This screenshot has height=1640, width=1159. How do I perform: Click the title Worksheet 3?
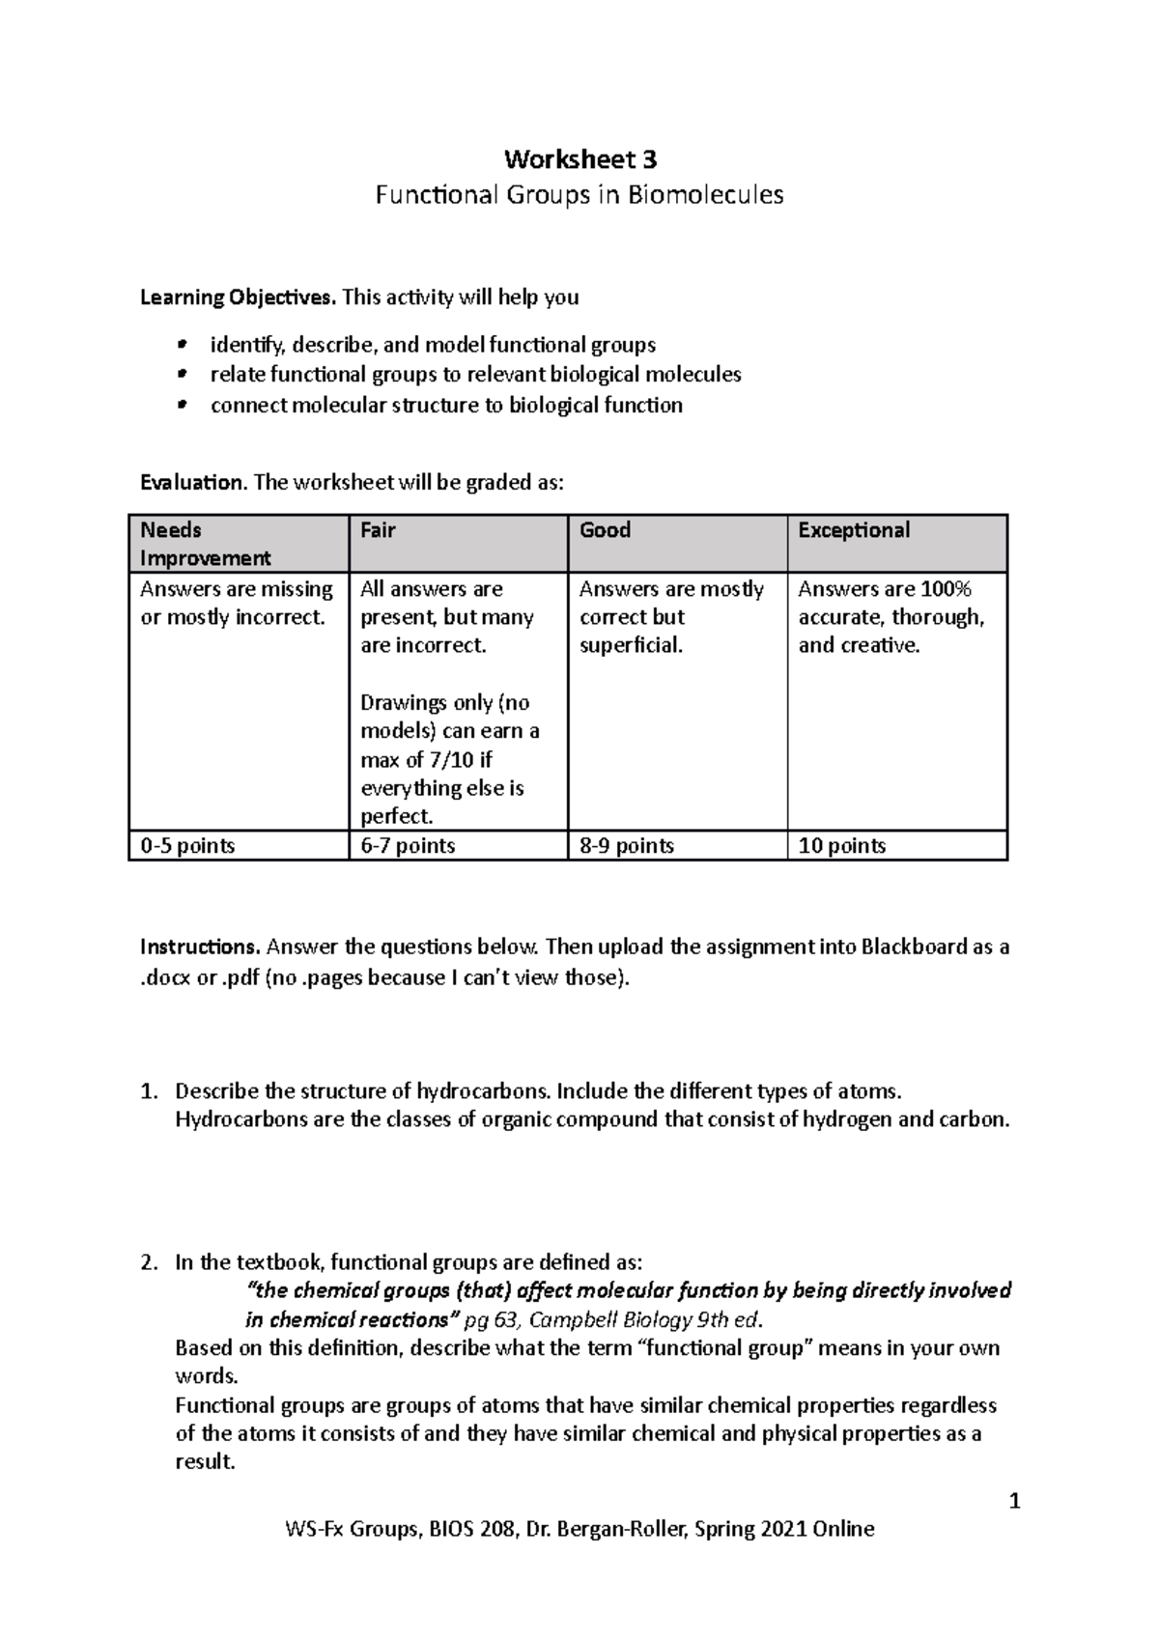[579, 158]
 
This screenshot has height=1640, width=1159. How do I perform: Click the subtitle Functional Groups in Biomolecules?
[579, 195]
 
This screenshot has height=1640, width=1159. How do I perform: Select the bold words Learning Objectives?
[238, 297]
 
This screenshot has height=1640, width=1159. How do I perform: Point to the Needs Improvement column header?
[206, 544]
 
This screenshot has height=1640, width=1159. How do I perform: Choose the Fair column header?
[378, 530]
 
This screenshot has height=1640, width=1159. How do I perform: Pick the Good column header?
[605, 530]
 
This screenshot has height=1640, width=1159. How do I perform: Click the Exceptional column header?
[854, 530]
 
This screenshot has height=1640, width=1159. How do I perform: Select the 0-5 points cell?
[187, 846]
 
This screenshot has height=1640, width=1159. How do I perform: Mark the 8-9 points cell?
[627, 846]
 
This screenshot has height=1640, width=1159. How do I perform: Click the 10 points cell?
[841, 846]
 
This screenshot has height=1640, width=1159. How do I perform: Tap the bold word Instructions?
[201, 947]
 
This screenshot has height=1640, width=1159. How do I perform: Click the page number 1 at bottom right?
[1014, 1502]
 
